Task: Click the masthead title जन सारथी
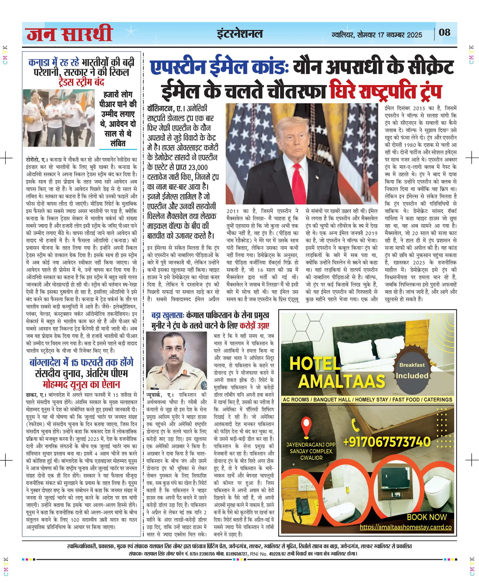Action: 69,34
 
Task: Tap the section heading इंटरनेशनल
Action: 239,34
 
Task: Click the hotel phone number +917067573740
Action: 387,442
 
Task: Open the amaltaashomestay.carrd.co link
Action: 405,527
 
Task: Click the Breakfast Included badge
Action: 412,371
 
